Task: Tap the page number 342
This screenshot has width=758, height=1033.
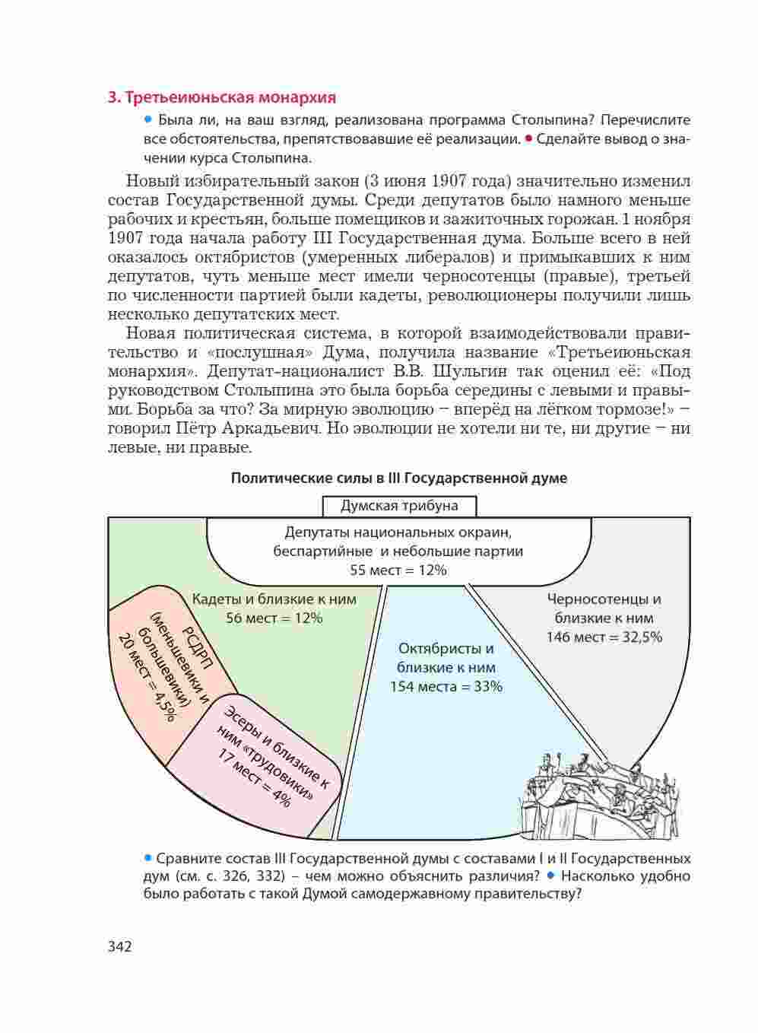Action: tap(120, 946)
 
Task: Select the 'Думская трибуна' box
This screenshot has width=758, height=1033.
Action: tap(399, 506)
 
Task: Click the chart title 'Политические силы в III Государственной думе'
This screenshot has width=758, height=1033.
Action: tap(398, 478)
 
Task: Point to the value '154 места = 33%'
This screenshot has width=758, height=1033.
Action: tap(446, 686)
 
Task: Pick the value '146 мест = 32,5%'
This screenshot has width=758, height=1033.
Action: tap(604, 637)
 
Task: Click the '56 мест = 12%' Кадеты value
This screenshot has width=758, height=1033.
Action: tap(274, 618)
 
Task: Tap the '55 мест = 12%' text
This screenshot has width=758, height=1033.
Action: tap(398, 570)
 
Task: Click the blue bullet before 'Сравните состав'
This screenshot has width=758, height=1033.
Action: tap(148, 857)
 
